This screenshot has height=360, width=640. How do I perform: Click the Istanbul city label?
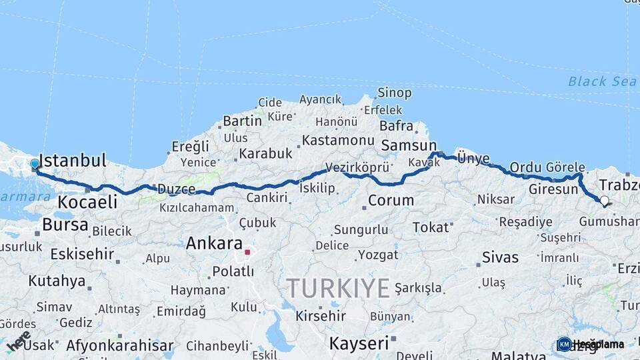73,161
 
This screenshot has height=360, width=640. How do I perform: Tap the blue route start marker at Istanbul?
35,164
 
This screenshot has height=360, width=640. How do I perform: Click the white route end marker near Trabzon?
604,200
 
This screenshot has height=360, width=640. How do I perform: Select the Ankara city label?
214,243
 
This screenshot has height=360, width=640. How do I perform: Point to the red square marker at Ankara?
247,253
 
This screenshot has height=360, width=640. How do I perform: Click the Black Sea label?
593,81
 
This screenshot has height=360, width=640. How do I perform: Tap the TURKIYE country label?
338,288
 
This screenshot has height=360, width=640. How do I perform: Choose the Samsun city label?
407,145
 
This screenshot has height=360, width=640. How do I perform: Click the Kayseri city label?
359,343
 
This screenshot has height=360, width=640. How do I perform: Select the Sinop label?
394,93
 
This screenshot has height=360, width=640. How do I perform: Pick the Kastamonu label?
338,141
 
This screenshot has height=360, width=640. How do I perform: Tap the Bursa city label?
65,224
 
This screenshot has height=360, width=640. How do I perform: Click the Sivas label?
500,257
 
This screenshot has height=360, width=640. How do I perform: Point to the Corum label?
391,200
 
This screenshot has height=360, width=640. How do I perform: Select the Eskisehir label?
73,254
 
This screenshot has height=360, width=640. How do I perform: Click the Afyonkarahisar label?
119,345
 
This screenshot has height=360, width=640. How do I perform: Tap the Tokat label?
431,227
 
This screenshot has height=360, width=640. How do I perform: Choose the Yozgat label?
378,255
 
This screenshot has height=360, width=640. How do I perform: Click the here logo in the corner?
18,342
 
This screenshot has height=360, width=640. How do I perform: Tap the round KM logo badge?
564,344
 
